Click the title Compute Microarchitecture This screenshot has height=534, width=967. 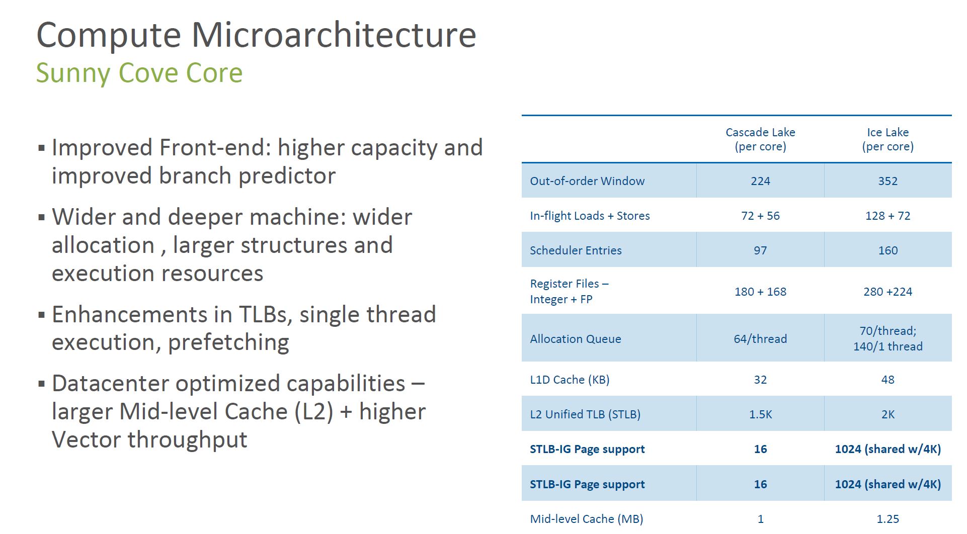(256, 35)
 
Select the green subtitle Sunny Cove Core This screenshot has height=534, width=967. (139, 73)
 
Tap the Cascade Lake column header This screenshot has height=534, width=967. (760, 139)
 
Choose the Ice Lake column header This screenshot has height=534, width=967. (888, 139)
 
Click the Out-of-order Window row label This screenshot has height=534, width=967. (587, 181)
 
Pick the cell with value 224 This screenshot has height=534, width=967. (760, 181)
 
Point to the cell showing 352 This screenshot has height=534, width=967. (888, 181)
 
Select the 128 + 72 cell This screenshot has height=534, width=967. (888, 216)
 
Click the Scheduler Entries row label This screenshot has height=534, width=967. (576, 250)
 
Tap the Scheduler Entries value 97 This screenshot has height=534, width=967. (760, 250)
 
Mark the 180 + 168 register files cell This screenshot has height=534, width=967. (760, 292)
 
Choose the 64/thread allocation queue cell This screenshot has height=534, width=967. (760, 339)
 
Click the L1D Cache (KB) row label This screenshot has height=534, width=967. (570, 380)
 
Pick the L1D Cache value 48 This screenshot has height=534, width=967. (888, 380)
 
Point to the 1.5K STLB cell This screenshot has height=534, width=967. (760, 414)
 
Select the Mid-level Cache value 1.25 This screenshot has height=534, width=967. (888, 519)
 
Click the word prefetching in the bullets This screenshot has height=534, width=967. (228, 342)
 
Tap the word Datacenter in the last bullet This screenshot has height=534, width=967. (110, 383)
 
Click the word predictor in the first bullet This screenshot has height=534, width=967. (287, 176)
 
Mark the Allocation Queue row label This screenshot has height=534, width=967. (576, 339)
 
